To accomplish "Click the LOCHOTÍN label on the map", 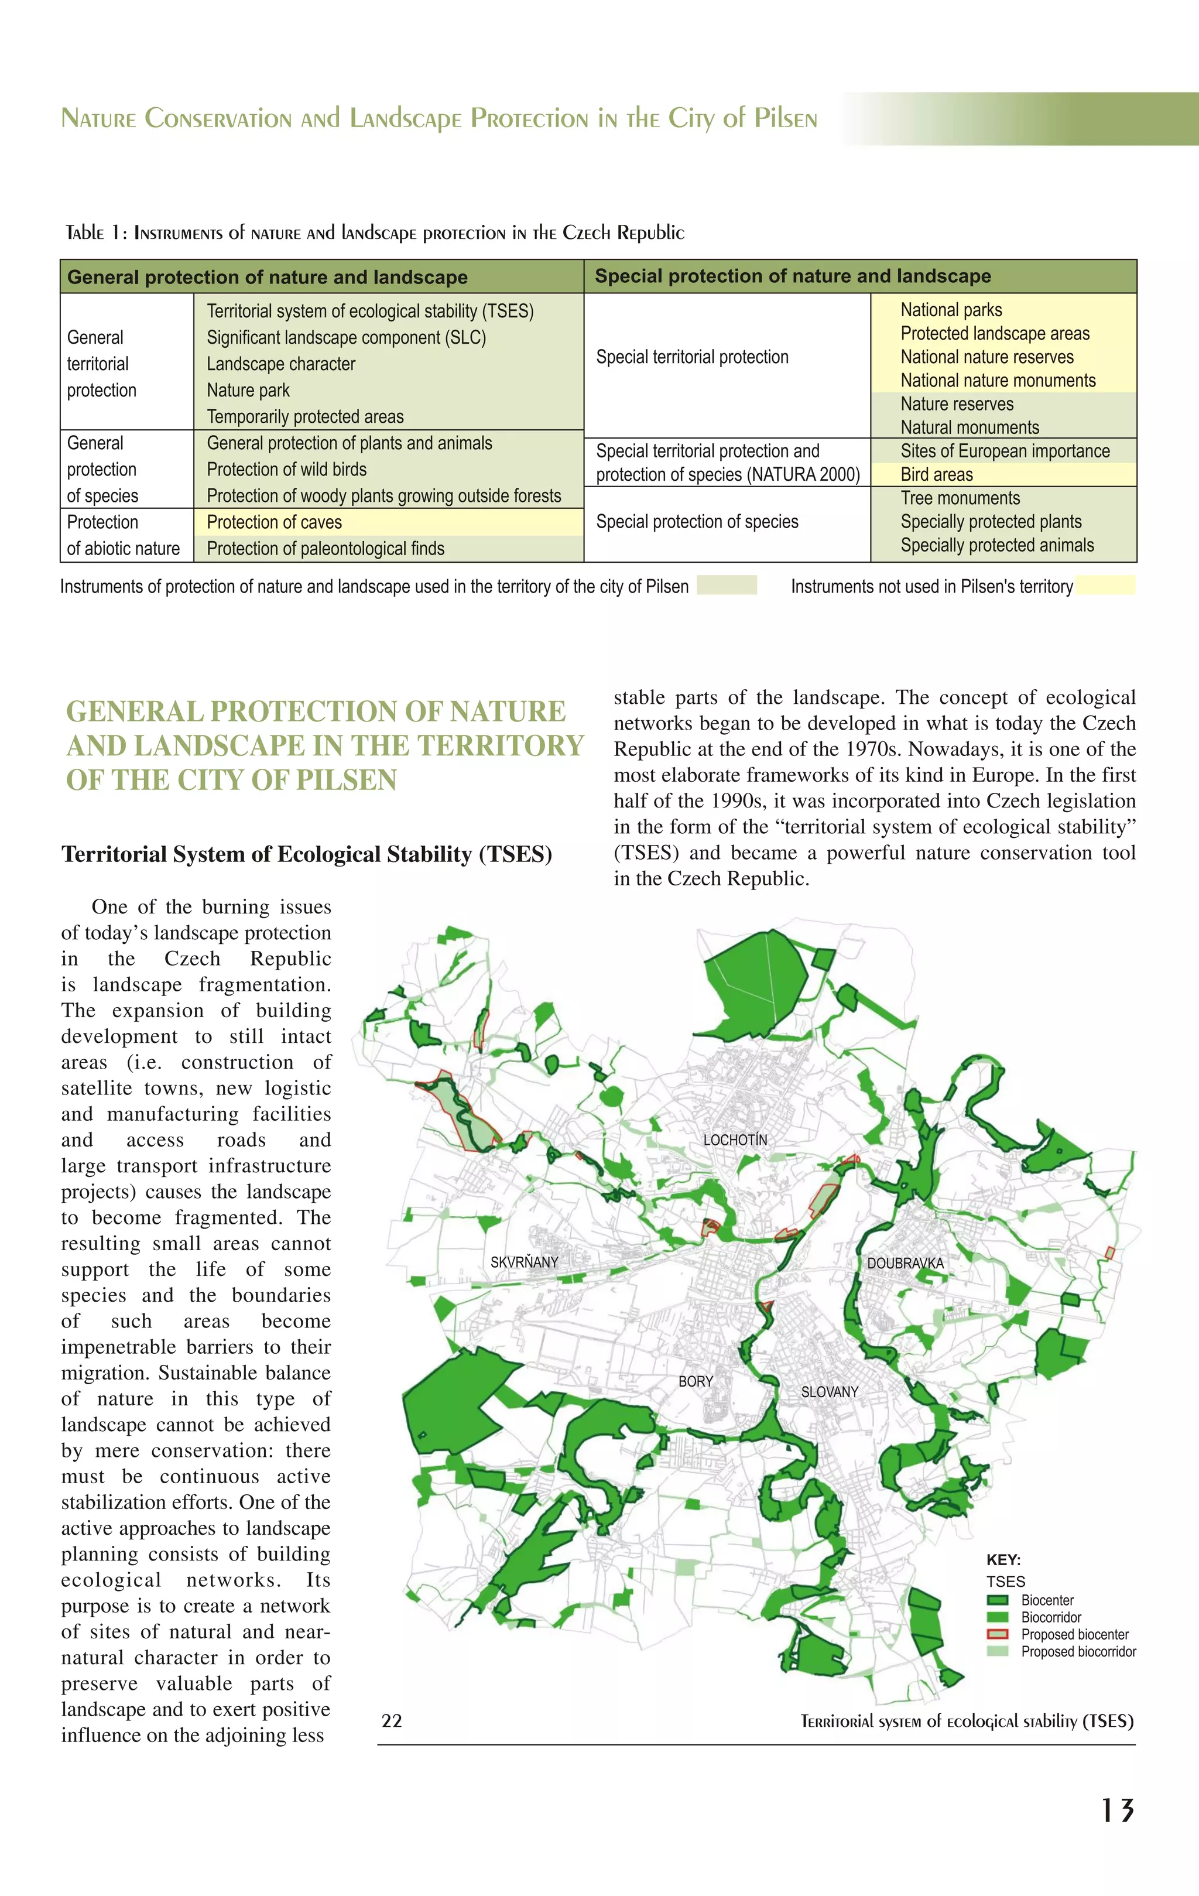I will (x=735, y=1140).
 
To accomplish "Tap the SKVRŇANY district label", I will (x=525, y=1262).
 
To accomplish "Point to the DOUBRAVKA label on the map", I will (x=905, y=1263).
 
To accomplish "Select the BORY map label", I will (x=695, y=1381).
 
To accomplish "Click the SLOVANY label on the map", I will (x=830, y=1392).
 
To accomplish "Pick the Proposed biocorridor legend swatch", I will (x=998, y=1651).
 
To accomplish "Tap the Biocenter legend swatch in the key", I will (x=998, y=1600).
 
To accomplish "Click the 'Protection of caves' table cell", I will (x=274, y=523).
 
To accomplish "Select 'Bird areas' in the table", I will (x=937, y=475).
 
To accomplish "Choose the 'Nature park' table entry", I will (x=248, y=391).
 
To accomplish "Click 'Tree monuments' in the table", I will (x=961, y=498).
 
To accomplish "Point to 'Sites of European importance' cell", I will (x=1005, y=451).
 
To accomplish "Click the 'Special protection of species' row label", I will (x=697, y=522).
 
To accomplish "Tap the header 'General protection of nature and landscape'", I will (x=267, y=277).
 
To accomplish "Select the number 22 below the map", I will (x=392, y=1721).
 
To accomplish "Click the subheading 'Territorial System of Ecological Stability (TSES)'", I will (x=307, y=854).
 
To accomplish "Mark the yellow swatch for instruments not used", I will (x=1105, y=585).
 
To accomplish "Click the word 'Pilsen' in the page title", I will (x=785, y=118).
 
